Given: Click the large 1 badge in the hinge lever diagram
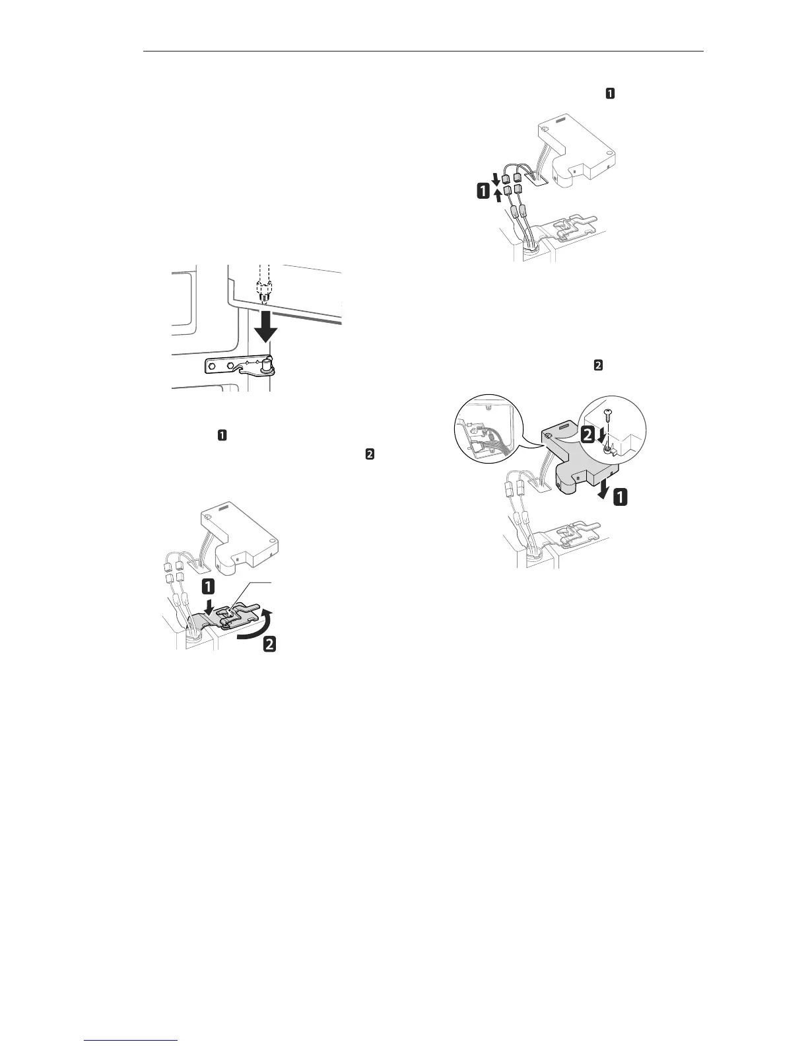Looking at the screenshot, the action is pos(208,586).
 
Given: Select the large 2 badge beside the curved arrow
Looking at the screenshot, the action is pos(269,645).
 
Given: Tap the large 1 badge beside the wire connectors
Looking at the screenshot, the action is pos(485,192).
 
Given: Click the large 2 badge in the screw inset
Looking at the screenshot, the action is pos(587,435).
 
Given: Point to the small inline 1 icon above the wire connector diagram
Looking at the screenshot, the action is pos(610,94).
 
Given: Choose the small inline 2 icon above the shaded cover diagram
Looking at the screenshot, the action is pos(598,365).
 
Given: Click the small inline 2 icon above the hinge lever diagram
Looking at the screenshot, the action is pos(370,455).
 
